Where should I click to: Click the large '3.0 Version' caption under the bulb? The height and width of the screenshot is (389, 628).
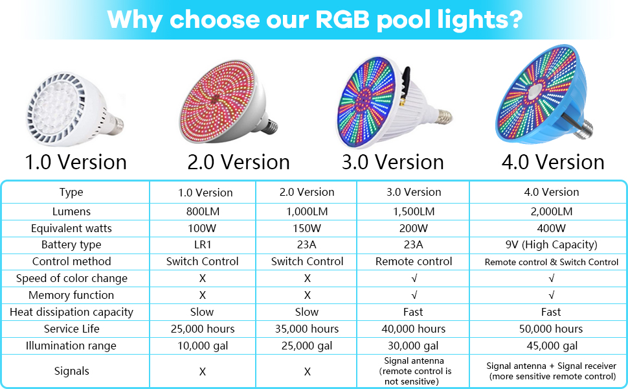(x=392, y=161)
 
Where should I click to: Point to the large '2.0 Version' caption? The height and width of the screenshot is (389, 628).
(x=238, y=161)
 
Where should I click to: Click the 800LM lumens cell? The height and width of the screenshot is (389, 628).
(x=203, y=211)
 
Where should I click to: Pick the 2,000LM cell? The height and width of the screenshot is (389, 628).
(x=551, y=211)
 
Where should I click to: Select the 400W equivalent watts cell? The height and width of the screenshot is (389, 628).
(x=551, y=228)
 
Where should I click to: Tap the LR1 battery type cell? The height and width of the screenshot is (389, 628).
(x=203, y=245)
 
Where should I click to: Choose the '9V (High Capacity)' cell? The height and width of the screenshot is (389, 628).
(x=551, y=245)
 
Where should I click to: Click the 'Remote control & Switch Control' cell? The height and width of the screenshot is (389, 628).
(x=551, y=262)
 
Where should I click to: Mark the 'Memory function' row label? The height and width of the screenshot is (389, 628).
(x=71, y=295)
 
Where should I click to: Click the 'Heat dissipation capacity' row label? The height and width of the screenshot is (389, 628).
(x=71, y=312)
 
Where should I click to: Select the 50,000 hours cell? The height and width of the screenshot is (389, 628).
(x=551, y=329)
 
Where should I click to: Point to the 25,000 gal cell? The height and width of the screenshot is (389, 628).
(x=307, y=346)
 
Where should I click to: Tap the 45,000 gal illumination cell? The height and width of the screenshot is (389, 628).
(x=551, y=346)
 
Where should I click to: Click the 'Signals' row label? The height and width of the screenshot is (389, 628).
(x=71, y=371)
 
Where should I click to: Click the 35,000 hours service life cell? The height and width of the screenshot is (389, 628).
(x=307, y=329)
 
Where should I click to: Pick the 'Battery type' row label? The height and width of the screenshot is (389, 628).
(x=71, y=245)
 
